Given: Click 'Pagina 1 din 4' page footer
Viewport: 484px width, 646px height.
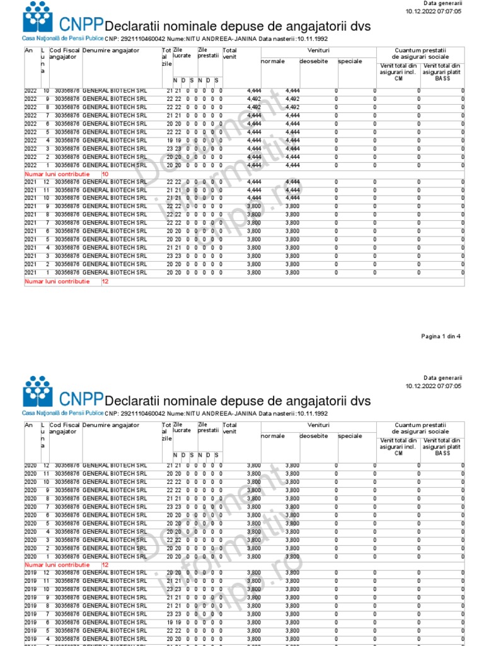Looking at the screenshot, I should pyautogui.click(x=441, y=336).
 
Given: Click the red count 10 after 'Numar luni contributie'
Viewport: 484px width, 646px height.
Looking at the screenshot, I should pyautogui.click(x=105, y=173).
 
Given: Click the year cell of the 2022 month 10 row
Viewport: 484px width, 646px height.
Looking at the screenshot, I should pyautogui.click(x=31, y=91).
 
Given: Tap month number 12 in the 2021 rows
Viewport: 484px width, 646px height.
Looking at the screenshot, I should pyautogui.click(x=45, y=182).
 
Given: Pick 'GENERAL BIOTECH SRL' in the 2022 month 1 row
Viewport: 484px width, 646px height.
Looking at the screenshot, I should pyautogui.click(x=115, y=165).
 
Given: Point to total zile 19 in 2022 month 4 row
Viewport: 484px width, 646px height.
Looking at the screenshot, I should pyautogui.click(x=170, y=140).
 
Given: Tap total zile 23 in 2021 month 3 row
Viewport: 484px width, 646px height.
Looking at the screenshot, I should pyautogui.click(x=170, y=255).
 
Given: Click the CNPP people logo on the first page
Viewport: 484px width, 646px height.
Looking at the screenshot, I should pyautogui.click(x=38, y=17).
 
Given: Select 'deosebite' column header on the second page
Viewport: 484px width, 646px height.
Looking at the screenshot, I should pyautogui.click(x=313, y=436).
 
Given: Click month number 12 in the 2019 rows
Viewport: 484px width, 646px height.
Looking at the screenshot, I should pyautogui.click(x=45, y=572).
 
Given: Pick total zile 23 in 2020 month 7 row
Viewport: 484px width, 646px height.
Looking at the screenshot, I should pyautogui.click(x=170, y=507).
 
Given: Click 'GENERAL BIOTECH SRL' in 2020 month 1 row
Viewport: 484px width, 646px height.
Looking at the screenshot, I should pyautogui.click(x=115, y=556).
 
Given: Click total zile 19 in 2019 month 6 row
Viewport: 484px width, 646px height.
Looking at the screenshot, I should pyautogui.click(x=170, y=621).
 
